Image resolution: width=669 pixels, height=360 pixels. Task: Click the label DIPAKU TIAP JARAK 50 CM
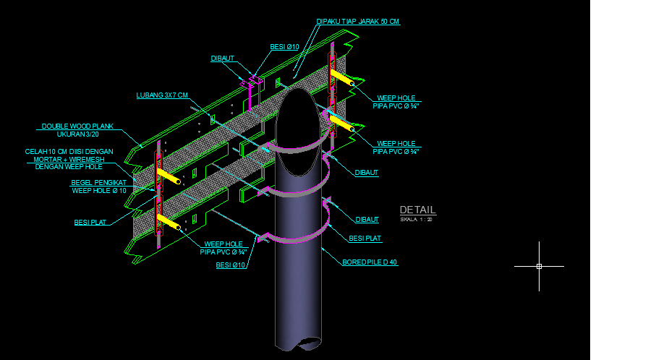(x=358, y=22)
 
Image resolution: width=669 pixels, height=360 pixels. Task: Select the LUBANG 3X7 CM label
(x=162, y=95)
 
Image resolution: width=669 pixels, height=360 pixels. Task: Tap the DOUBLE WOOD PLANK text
(x=77, y=127)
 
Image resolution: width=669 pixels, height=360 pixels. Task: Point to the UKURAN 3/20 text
(x=77, y=134)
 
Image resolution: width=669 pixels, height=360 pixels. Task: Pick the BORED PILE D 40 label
(x=370, y=262)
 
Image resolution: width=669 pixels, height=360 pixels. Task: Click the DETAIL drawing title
(x=417, y=210)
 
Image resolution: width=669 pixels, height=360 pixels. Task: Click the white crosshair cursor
(x=539, y=266)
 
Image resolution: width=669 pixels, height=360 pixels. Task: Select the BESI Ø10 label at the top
(x=284, y=47)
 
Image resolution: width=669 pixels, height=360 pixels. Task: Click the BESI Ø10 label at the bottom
(x=231, y=265)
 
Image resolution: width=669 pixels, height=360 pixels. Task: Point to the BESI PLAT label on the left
(x=91, y=223)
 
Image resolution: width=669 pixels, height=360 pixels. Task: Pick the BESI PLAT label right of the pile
(x=365, y=238)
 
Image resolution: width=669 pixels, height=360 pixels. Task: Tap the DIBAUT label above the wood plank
(x=222, y=59)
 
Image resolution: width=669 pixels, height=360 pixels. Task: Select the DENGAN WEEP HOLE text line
(x=69, y=167)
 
